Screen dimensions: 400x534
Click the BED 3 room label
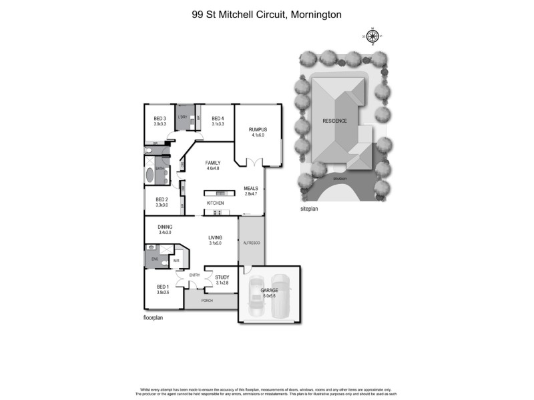[x=160, y=118]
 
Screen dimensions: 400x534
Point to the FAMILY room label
[x=213, y=163]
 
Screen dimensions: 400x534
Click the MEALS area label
[x=251, y=189]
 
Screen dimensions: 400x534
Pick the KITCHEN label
[x=215, y=203]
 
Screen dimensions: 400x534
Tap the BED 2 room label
[x=162, y=199]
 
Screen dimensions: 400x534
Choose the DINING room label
[x=165, y=227]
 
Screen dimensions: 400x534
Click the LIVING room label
[x=215, y=237]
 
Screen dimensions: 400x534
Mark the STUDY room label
[x=222, y=277]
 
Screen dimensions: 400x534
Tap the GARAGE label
[x=269, y=291]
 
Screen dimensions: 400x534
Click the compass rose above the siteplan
[x=373, y=37]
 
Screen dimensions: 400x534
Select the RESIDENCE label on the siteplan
[x=335, y=121]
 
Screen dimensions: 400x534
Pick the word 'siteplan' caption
[x=310, y=209]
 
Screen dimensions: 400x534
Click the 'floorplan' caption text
[x=154, y=318]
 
